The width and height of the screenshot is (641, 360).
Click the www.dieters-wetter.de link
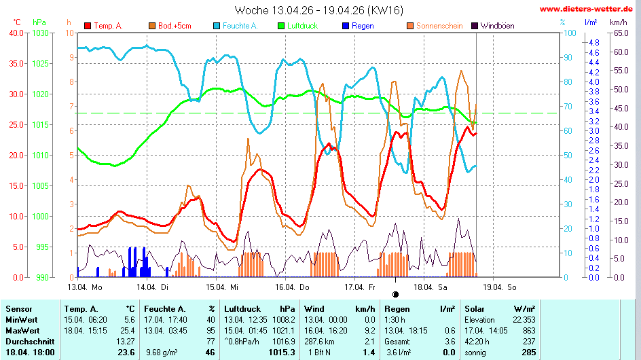588,10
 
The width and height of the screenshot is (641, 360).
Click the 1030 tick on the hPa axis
41,33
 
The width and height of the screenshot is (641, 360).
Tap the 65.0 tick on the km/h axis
619,33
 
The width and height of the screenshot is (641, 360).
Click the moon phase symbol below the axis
396,295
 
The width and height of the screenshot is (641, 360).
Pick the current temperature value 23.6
126,353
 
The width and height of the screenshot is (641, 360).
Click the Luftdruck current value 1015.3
282,353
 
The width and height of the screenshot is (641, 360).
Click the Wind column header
314,308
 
